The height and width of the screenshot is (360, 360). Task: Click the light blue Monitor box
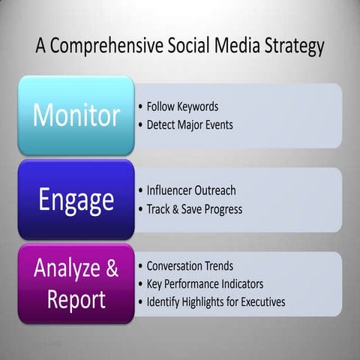[x=76, y=115]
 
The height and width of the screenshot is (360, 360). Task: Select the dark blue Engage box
[x=76, y=200]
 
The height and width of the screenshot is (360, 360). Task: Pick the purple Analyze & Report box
[x=76, y=283]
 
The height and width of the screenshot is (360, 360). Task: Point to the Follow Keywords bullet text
[x=182, y=106]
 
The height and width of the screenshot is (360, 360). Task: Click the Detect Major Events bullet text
[x=189, y=124]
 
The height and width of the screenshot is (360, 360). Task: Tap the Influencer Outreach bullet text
[x=190, y=190]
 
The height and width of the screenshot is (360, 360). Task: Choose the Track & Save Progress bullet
[x=193, y=209]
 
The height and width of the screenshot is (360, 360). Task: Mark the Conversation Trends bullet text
[x=189, y=265]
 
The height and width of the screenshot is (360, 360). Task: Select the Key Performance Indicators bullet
[x=204, y=284]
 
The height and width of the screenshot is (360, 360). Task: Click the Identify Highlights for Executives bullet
[x=215, y=302]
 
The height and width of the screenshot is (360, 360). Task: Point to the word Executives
[x=260, y=302]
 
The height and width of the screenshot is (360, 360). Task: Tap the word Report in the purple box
[x=76, y=299]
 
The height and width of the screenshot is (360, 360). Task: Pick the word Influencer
[x=172, y=190]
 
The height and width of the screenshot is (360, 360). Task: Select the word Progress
[x=221, y=209]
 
